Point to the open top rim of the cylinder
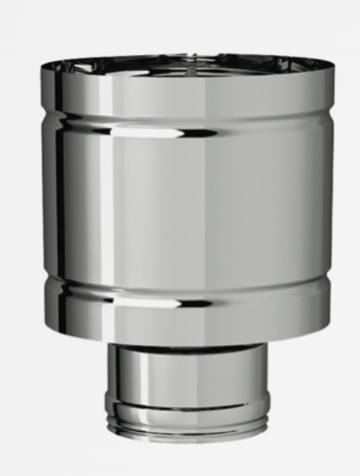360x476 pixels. (x=186, y=61)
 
